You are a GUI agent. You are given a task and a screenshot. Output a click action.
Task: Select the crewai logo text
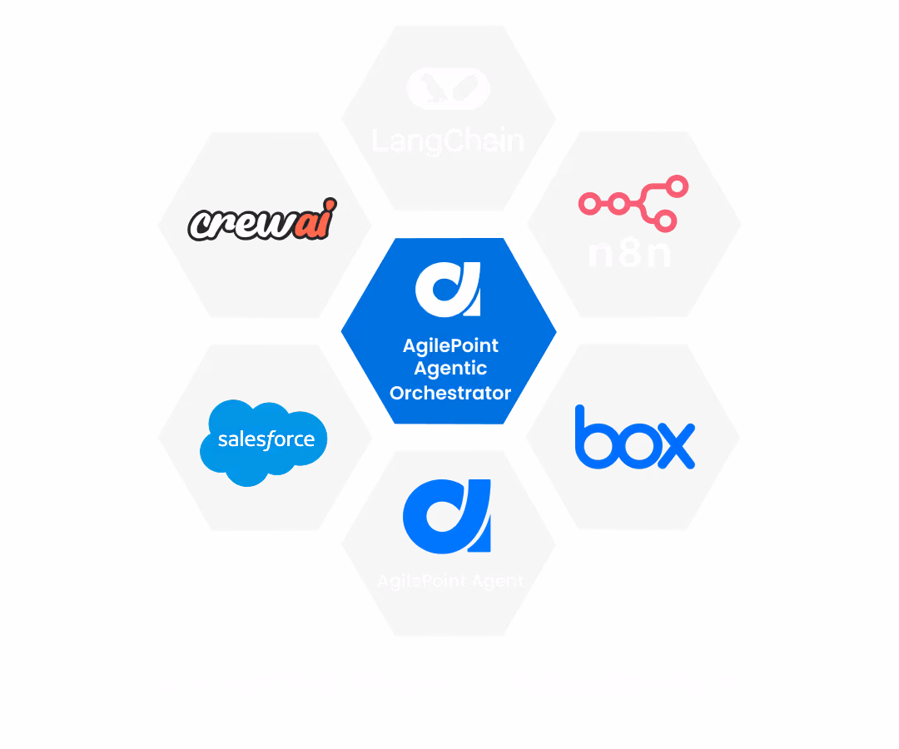coord(262,221)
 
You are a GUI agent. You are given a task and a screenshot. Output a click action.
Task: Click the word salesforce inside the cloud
coord(266,439)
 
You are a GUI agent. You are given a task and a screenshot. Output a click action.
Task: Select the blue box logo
coord(634,438)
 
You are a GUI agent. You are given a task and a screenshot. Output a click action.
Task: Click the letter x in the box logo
coord(673,446)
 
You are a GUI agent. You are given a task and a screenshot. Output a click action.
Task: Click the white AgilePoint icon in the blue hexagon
coord(448,289)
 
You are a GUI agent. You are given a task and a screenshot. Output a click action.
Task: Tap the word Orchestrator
coord(450,393)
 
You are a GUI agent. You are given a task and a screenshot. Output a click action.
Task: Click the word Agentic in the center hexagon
coord(450,369)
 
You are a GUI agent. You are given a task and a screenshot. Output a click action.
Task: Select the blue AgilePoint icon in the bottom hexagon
coord(447,516)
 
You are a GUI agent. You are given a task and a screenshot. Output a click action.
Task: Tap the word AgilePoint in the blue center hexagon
coord(450,345)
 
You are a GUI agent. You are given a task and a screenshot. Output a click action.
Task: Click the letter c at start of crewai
coord(199,226)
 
